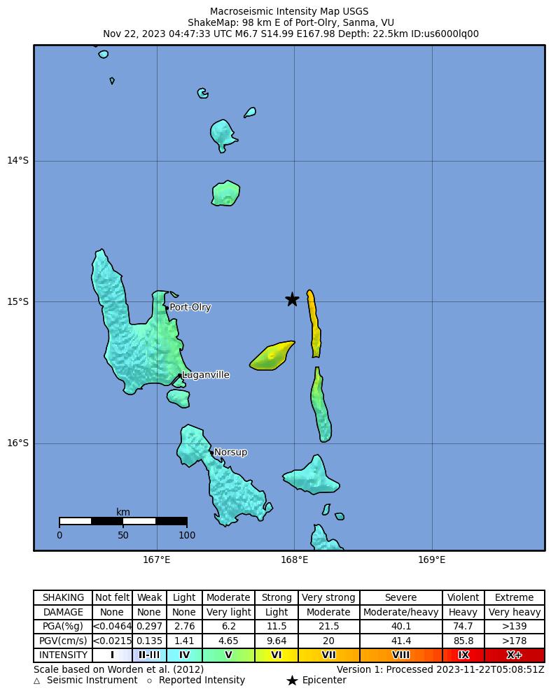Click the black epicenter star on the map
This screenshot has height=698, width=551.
[x=292, y=299]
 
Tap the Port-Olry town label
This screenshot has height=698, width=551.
[x=190, y=308]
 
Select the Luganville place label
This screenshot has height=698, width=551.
[x=205, y=375]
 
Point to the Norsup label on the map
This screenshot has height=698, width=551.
[x=230, y=453]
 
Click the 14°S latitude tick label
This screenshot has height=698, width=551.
[x=18, y=161]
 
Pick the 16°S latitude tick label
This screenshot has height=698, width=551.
[x=18, y=443]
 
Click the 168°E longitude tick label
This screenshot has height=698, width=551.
[x=294, y=560]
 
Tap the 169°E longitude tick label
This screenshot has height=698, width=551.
[x=432, y=560]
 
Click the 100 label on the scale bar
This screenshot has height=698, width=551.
[x=187, y=536]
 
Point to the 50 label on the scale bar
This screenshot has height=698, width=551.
[x=123, y=536]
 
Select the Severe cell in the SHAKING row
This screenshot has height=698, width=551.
[x=401, y=598]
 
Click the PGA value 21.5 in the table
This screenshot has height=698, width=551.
[x=328, y=626]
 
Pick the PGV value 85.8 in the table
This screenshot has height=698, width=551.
[x=463, y=641]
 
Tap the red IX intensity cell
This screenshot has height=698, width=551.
[x=463, y=655]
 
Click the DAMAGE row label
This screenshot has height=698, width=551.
[x=63, y=612]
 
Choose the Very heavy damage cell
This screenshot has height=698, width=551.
[x=514, y=612]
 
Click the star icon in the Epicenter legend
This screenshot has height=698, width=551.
[x=292, y=681]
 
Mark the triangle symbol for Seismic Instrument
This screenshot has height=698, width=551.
[x=36, y=681]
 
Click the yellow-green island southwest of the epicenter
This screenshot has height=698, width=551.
[x=272, y=356]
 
